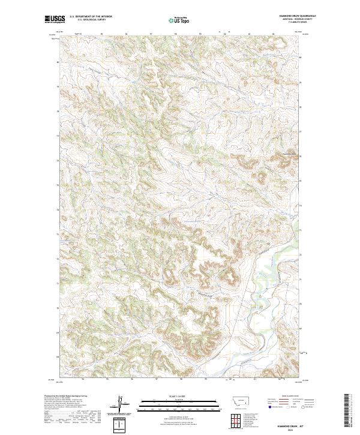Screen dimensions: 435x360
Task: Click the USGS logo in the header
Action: tap(54, 19)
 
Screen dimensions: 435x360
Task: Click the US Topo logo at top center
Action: tap(179, 20)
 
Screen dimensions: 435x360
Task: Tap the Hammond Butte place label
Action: tap(289, 152)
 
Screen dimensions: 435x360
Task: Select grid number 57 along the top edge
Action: tap(151, 34)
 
